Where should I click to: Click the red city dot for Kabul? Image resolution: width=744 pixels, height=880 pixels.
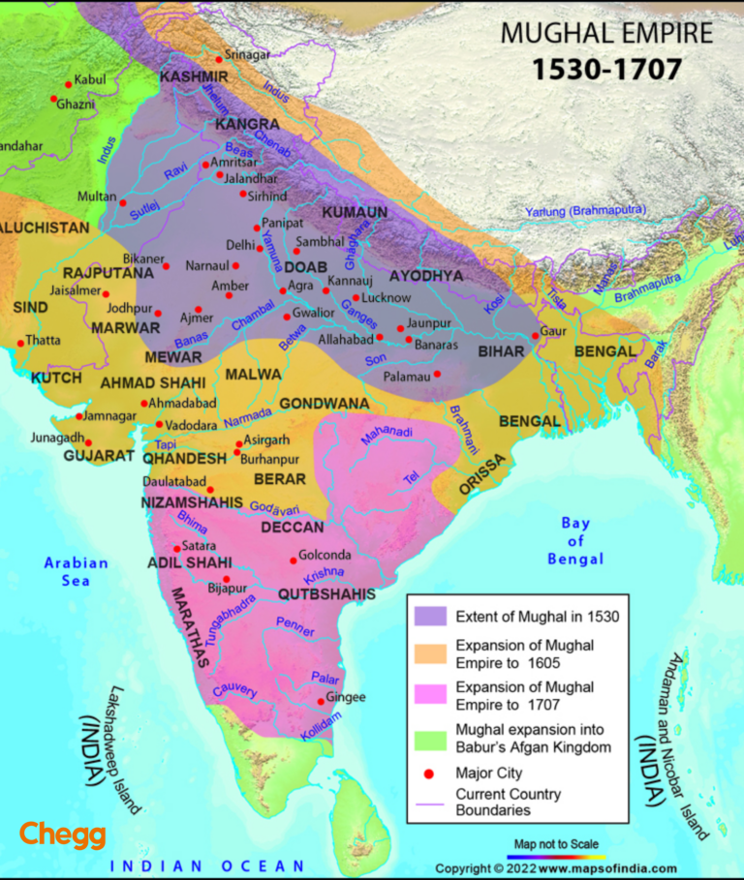click(x=68, y=83)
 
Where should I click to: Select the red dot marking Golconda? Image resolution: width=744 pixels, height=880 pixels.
click(x=293, y=561)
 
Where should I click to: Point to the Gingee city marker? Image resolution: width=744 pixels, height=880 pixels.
click(x=321, y=702)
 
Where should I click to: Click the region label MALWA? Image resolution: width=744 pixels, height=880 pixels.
click(x=253, y=374)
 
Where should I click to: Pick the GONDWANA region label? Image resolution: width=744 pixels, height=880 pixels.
click(x=324, y=403)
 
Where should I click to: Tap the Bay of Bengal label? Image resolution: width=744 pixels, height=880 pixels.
click(x=575, y=541)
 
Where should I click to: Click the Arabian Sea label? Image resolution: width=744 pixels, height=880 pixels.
click(x=76, y=571)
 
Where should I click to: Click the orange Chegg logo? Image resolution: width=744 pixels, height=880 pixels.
click(x=63, y=834)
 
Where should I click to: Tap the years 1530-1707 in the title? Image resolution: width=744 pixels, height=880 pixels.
click(x=606, y=70)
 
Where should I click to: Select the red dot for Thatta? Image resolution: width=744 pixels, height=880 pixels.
click(x=20, y=343)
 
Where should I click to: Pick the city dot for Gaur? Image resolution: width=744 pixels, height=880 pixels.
click(x=535, y=336)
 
